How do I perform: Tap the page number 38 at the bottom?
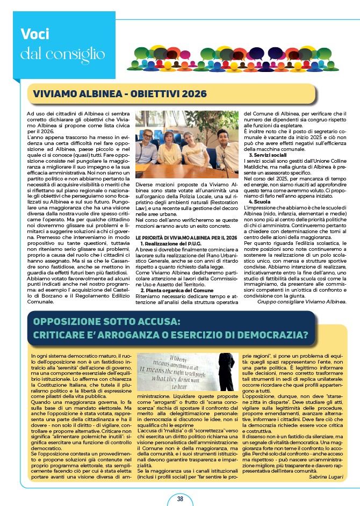point(180,498)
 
